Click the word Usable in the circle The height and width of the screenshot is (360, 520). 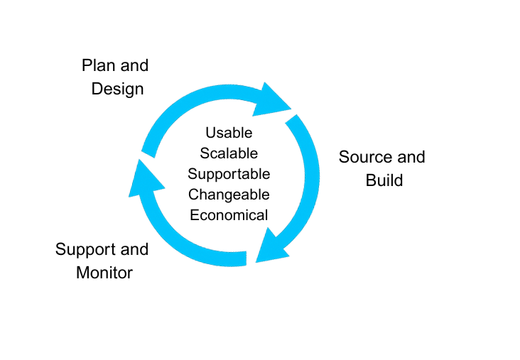point(229,133)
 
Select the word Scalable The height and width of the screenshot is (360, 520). point(229,153)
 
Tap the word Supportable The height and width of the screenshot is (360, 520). point(229,174)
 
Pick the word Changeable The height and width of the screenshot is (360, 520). point(229,195)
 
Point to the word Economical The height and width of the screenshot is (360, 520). point(229,215)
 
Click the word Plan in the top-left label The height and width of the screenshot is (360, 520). point(97,66)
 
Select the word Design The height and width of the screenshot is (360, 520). point(118,89)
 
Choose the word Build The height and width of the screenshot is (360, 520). point(384,180)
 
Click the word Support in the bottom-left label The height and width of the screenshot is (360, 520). point(85,249)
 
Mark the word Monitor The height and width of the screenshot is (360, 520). point(104,272)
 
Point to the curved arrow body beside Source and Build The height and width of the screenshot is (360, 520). point(307,178)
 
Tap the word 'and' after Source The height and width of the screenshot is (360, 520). point(410,157)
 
